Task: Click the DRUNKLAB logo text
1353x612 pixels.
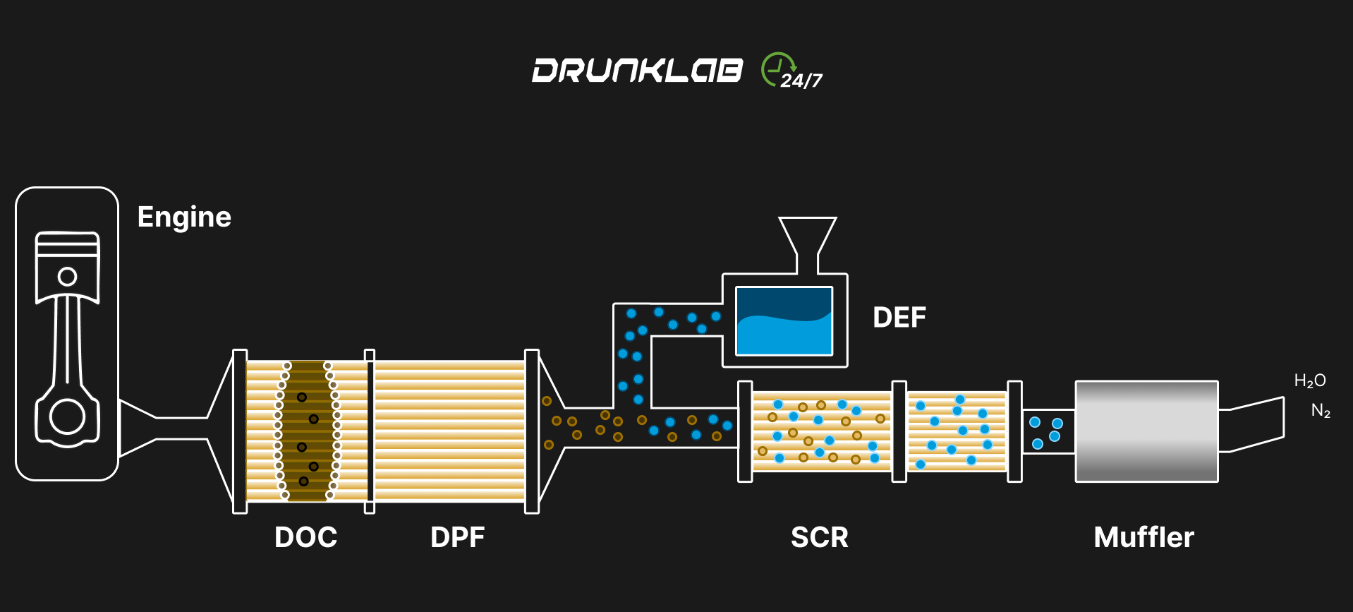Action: point(637,71)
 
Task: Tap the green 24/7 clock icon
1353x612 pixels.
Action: point(778,70)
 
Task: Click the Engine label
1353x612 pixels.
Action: point(184,217)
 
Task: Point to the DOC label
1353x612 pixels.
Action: point(305,537)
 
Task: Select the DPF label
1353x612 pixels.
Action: point(457,537)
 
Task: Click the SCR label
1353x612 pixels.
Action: point(819,537)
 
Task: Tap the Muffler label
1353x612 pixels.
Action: point(1143,537)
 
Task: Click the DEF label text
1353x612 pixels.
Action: point(899,318)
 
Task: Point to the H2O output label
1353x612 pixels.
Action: point(1310,381)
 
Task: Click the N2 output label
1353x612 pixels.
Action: point(1321,410)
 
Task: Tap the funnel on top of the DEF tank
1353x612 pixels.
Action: point(807,236)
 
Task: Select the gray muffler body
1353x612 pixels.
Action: point(1146,431)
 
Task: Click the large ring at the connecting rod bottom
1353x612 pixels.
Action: point(68,416)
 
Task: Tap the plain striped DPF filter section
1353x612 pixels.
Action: point(449,431)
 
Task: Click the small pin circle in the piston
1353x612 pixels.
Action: point(68,276)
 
